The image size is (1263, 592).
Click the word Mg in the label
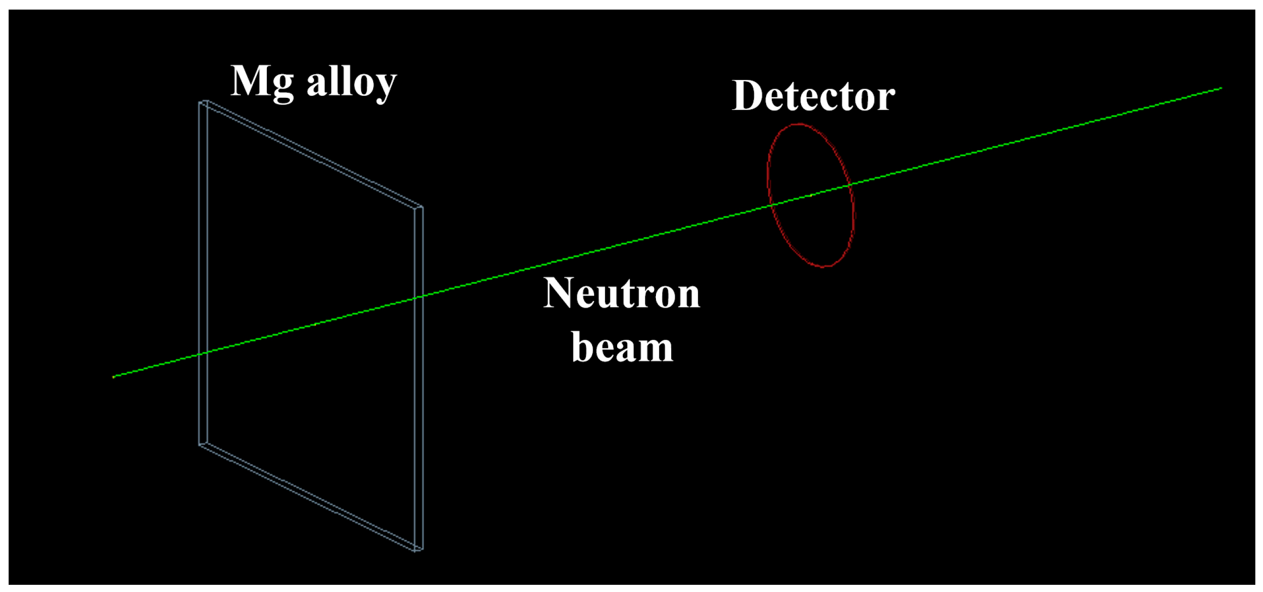(x=262, y=82)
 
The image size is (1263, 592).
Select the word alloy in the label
(x=351, y=83)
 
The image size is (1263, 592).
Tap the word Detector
(x=813, y=96)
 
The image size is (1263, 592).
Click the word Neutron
(x=622, y=293)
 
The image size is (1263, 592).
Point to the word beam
(x=622, y=347)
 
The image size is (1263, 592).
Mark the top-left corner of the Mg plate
(x=203, y=102)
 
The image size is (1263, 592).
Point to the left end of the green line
(x=113, y=377)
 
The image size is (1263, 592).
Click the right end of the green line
(x=1221, y=88)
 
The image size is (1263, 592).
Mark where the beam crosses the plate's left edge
(x=203, y=353)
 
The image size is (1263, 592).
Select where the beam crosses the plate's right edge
(x=419, y=297)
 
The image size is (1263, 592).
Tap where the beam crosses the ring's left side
(x=771, y=206)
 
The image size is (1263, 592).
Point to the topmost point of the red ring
(x=798, y=124)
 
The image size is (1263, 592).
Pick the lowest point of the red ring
(x=825, y=267)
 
